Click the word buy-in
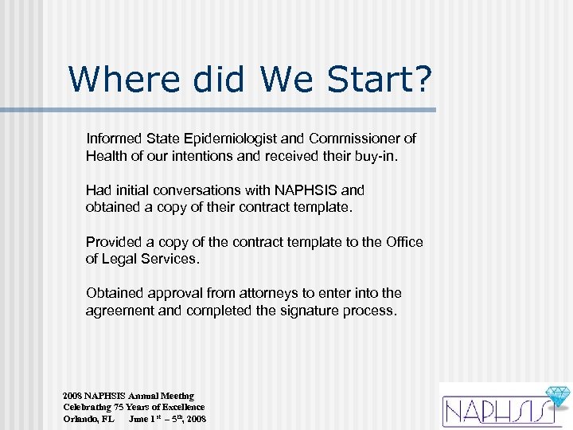[x=373, y=155]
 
